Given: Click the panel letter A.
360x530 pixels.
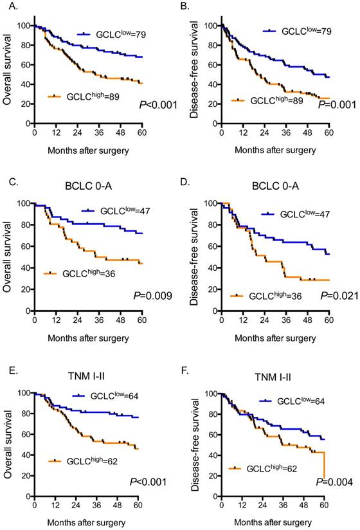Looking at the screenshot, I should (8, 8).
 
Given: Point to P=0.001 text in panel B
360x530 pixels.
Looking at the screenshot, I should (338, 105).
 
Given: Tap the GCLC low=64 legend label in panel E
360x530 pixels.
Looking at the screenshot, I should (105, 396).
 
